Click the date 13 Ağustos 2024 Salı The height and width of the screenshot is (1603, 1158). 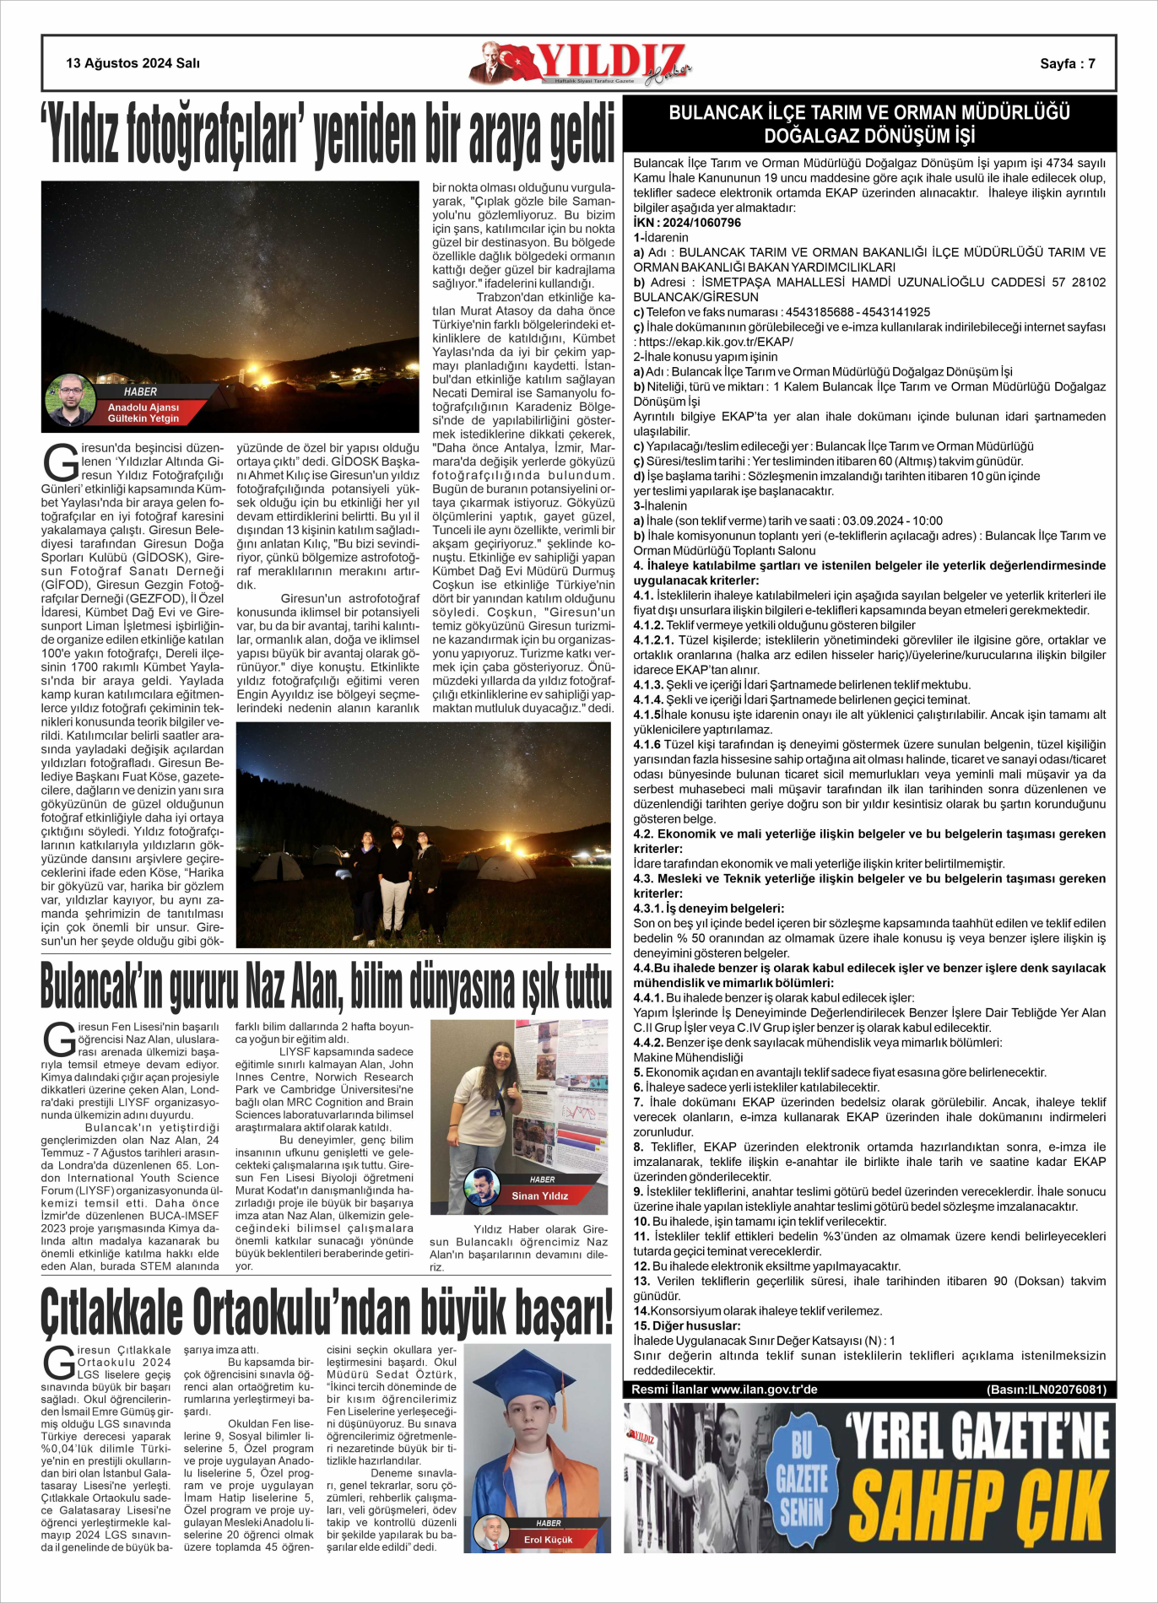(133, 63)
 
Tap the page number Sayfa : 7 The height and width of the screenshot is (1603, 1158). (1067, 64)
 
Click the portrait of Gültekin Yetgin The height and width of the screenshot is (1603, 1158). (70, 400)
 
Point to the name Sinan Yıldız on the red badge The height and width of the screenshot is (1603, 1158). (539, 1196)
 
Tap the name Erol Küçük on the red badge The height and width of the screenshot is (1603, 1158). (548, 1540)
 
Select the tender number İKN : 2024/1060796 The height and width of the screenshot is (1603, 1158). (687, 223)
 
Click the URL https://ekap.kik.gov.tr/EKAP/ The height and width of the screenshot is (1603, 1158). (716, 342)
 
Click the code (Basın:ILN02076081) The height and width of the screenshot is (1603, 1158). (1046, 1390)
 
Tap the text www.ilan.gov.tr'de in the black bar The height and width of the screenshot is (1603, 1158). (764, 1390)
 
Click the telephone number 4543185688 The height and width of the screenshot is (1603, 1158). (819, 312)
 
